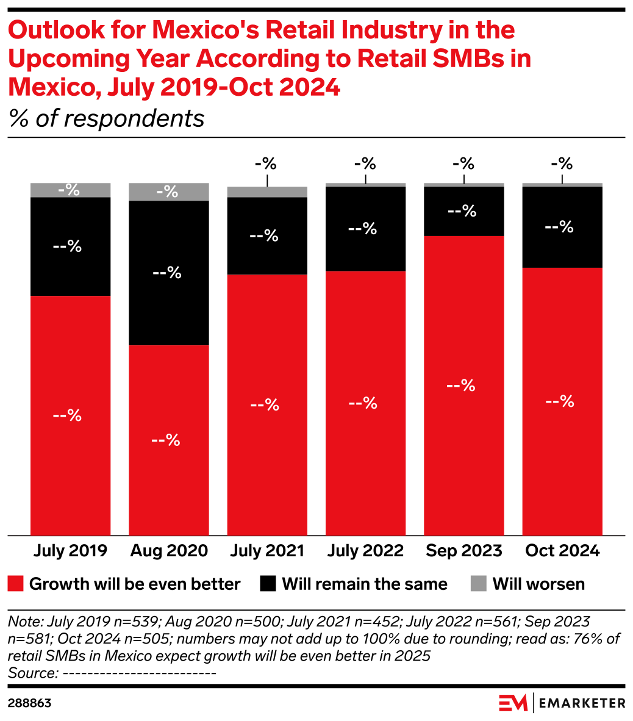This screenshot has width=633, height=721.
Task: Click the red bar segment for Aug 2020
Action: pos(169,439)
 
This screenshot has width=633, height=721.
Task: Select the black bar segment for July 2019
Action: pos(71,246)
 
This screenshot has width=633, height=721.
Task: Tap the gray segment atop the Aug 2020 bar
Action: pos(169,192)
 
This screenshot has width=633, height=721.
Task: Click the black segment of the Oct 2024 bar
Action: pos(562,227)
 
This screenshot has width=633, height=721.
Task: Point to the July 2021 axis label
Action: pos(267,550)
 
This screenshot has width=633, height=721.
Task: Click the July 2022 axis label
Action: pos(365,550)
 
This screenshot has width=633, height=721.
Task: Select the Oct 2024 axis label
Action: pos(562,550)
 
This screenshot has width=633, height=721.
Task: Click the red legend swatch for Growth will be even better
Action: pos(16,584)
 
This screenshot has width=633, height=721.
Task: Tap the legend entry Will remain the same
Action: pos(364,584)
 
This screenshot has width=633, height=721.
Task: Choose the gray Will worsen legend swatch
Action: pos(479,584)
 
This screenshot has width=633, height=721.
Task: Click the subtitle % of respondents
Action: pos(107,118)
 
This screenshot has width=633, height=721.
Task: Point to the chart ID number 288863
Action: pos(29,703)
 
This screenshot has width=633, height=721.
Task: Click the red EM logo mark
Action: pos(512,703)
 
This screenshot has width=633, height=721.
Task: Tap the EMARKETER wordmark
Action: pos(583,703)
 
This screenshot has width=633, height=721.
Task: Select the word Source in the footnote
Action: pos(31,673)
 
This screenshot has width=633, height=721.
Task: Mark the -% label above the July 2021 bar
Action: pos(266,163)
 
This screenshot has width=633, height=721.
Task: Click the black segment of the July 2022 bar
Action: pos(365,228)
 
